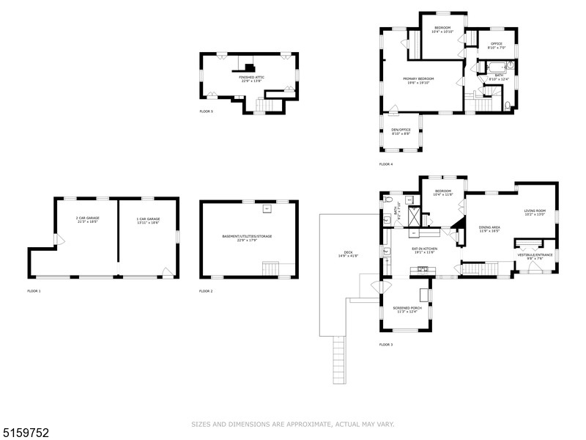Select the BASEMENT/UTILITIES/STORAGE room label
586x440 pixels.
[x=248, y=238]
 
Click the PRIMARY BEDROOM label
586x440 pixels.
[x=420, y=81]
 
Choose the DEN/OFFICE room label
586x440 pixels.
[x=401, y=132]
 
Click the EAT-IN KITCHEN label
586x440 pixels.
[x=424, y=250]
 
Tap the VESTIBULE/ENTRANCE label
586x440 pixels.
[x=530, y=257]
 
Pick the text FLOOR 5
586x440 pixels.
[x=206, y=111]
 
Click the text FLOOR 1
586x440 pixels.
[x=34, y=291]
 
